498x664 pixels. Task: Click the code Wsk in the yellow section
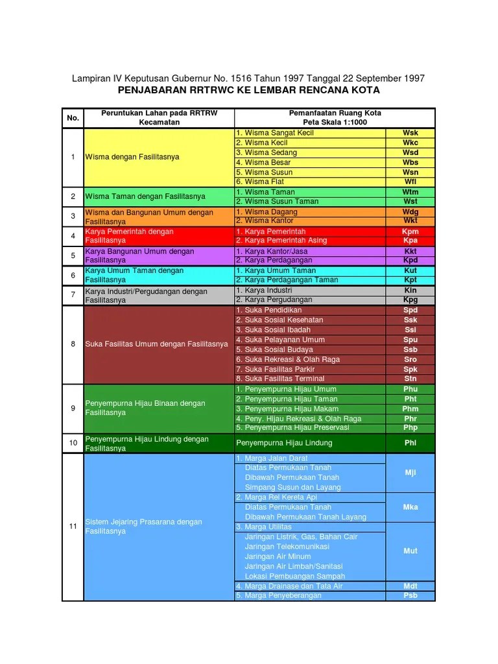(410, 133)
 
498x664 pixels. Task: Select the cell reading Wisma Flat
(260, 182)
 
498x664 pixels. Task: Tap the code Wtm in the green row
(410, 192)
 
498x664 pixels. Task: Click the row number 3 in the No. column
(73, 216)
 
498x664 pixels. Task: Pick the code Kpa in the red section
(410, 241)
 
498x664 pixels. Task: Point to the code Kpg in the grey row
(410, 300)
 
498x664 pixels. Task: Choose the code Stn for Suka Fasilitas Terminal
(410, 379)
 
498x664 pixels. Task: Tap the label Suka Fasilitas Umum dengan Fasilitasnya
(156, 344)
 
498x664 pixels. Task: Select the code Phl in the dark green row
(410, 443)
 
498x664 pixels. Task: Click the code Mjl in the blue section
(410, 473)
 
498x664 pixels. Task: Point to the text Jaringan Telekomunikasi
(287, 547)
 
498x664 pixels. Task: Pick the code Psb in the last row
(410, 595)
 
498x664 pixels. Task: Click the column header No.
(73, 118)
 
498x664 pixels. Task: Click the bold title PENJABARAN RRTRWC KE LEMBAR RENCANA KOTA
(248, 90)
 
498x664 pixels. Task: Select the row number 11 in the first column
(73, 527)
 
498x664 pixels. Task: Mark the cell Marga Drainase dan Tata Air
(289, 586)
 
